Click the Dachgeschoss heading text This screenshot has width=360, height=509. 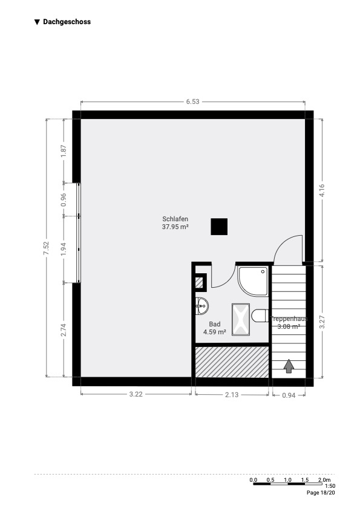click(67, 22)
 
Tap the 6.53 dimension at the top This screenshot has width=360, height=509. click(192, 102)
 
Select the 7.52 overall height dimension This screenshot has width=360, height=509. click(46, 248)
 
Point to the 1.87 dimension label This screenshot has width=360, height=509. click(64, 151)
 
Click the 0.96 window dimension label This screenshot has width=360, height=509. click(64, 199)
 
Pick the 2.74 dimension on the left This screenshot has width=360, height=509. click(64, 330)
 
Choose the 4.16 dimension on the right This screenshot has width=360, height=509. click(322, 190)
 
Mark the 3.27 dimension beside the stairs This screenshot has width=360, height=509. click(322, 322)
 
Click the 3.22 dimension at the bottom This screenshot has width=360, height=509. click(136, 394)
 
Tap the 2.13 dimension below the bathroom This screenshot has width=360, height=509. click(232, 395)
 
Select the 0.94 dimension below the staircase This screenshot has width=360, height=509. click(289, 395)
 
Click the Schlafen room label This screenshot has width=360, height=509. click(175, 219)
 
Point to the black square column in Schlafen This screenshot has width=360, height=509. click(219, 227)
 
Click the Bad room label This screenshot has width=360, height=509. click(214, 324)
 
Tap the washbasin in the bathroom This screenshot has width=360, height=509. click(201, 306)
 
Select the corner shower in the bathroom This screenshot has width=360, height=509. click(253, 281)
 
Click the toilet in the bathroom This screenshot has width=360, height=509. click(260, 316)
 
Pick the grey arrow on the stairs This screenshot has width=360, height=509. click(289, 366)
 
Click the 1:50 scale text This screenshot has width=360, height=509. click(330, 486)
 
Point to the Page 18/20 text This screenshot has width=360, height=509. click(321, 493)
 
